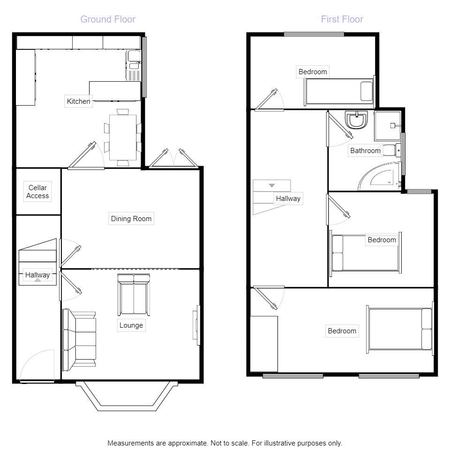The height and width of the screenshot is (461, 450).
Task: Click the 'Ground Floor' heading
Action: pyautogui.click(x=108, y=19)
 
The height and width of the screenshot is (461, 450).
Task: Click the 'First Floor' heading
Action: pyautogui.click(x=342, y=19)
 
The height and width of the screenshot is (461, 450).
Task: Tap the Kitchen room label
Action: pyautogui.click(x=78, y=101)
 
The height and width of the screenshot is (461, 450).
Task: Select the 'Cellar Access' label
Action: pyautogui.click(x=37, y=192)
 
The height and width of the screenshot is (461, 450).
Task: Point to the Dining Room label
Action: pyautogui.click(x=131, y=218)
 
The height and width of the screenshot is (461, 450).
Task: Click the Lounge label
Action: pyautogui.click(x=131, y=325)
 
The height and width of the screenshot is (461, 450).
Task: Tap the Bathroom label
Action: pyautogui.click(x=365, y=151)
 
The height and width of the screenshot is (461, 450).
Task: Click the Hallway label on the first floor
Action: pyautogui.click(x=288, y=199)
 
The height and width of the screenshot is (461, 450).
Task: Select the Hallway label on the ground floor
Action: pyautogui.click(x=37, y=275)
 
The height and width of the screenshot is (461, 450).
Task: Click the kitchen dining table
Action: pyautogui.click(x=123, y=137)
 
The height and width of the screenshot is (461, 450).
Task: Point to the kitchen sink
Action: pyautogui.click(x=133, y=66)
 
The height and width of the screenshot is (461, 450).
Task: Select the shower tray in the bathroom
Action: pyautogui.click(x=388, y=125)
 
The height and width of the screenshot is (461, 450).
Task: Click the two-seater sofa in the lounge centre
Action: pyautogui.click(x=134, y=295)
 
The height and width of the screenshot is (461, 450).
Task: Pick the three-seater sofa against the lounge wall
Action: pyautogui.click(x=79, y=338)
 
